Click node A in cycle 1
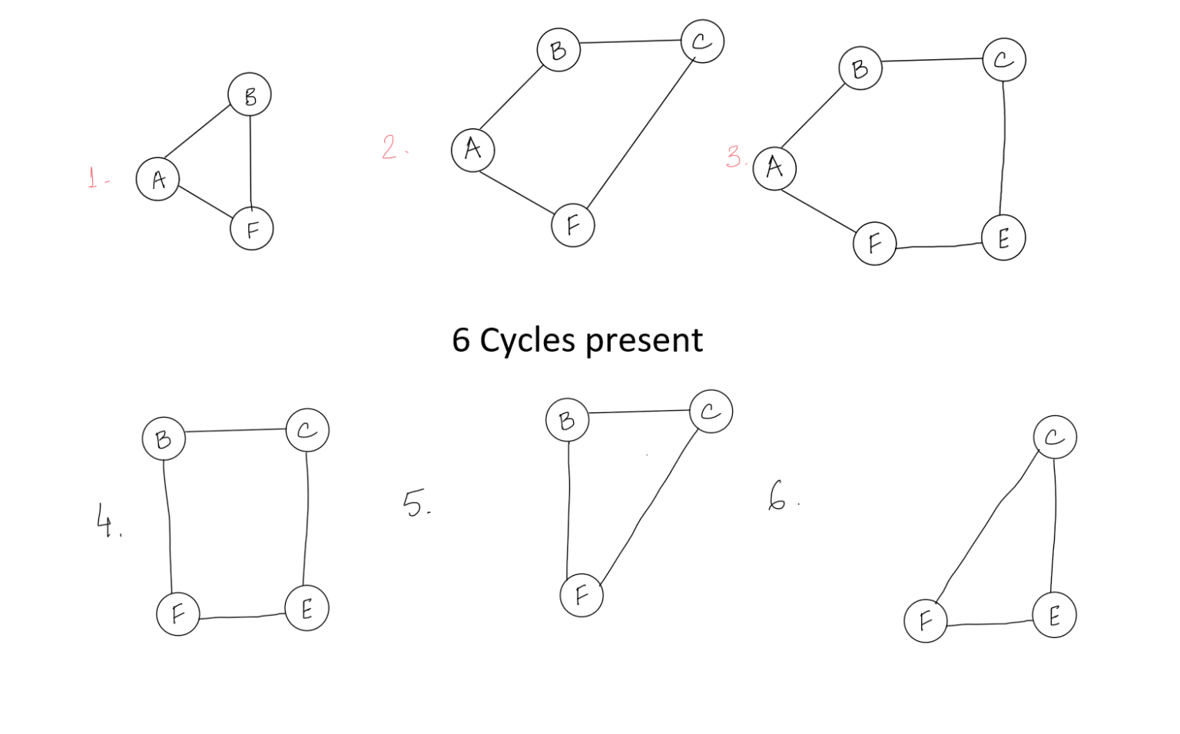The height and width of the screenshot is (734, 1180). click(x=157, y=179)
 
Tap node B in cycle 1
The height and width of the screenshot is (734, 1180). click(x=250, y=94)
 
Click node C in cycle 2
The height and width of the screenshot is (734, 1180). click(x=702, y=41)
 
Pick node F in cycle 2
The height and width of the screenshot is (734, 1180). click(x=573, y=226)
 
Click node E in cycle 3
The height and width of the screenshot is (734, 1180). click(x=1003, y=237)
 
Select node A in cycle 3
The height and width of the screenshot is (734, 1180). click(x=774, y=168)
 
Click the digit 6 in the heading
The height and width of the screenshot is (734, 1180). click(x=461, y=339)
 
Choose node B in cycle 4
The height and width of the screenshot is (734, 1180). click(x=164, y=438)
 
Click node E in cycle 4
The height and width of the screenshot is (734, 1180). click(x=307, y=608)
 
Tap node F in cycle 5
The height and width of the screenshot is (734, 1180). click(x=582, y=596)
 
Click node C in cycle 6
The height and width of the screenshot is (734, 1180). click(x=1055, y=437)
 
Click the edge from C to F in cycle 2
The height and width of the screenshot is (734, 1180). click(x=641, y=134)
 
